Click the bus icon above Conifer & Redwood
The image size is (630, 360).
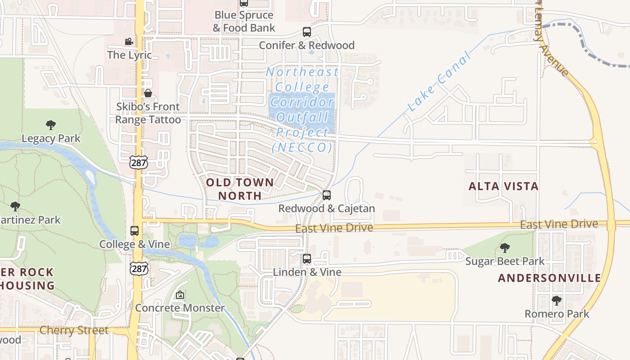(307, 32)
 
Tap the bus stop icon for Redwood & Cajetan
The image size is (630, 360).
(327, 195)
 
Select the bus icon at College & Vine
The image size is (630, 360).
(135, 231)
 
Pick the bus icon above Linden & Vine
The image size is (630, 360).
(307, 259)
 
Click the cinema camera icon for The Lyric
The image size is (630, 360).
(129, 42)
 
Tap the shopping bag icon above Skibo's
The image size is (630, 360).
(148, 93)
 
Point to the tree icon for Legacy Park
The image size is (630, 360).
(51, 125)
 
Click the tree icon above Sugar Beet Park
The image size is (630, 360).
(505, 248)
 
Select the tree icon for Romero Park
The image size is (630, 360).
(557, 300)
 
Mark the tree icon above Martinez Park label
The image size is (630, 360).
(15, 207)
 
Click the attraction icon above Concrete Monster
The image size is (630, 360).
(180, 295)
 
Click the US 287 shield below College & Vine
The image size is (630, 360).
(139, 268)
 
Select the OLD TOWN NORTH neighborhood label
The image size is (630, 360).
(239, 189)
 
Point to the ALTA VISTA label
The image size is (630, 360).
(504, 186)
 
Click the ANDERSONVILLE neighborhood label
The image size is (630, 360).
(549, 278)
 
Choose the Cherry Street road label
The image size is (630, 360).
(74, 330)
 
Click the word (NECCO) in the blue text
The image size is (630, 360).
(302, 148)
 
